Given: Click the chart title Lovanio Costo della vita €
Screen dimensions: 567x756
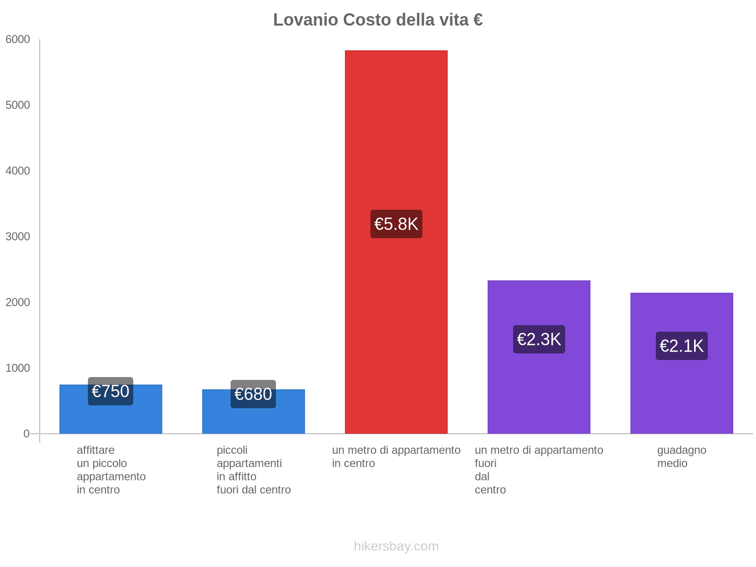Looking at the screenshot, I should pos(378,20).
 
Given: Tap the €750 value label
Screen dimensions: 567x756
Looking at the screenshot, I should pos(111,391).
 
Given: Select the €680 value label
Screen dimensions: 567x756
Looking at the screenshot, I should pos(253,394).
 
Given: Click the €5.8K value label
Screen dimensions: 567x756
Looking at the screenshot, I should pos(396,224).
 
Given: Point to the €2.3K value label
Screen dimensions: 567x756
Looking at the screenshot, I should pos(539,339).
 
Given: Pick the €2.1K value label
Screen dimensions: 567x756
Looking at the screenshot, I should pos(681,346).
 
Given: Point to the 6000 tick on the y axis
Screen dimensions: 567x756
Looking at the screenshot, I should pos(18,40).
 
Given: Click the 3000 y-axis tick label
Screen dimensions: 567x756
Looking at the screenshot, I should pos(18,237).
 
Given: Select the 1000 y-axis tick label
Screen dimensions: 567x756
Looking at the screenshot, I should pos(18,368).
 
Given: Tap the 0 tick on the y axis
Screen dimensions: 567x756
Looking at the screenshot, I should pos(26,434).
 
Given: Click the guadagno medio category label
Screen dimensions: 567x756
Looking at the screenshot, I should pos(681,456).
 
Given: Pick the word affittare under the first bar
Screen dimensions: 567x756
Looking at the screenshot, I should pos(95,450).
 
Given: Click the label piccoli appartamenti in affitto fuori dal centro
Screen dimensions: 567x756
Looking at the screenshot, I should pos(253,470).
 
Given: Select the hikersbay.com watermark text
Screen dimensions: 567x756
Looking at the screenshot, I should pos(396,546).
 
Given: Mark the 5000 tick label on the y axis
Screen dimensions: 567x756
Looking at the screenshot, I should pos(18,105).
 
